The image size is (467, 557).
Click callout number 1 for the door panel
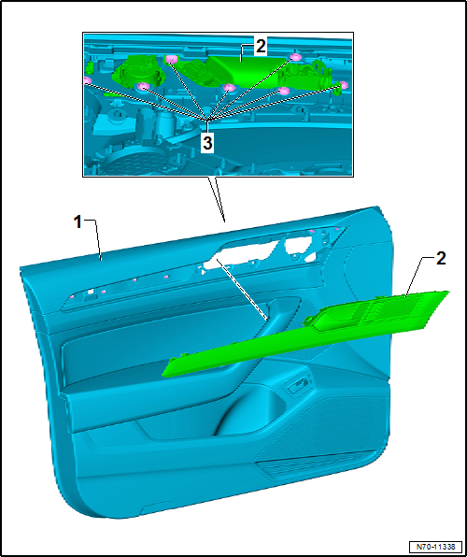click(x=78, y=223)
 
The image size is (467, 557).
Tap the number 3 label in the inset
click(x=207, y=143)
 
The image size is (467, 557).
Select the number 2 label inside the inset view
click(x=261, y=47)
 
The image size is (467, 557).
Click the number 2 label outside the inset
click(x=440, y=259)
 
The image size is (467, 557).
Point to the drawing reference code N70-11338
click(x=436, y=546)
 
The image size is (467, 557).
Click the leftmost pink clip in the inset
click(x=87, y=80)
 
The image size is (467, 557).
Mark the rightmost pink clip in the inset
click(x=343, y=84)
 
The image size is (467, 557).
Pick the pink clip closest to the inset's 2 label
click(x=295, y=57)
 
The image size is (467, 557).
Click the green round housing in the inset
click(x=138, y=71)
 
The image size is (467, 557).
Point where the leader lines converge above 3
click(x=207, y=120)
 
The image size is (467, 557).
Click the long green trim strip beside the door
click(x=305, y=334)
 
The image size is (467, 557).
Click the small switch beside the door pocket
click(x=297, y=385)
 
